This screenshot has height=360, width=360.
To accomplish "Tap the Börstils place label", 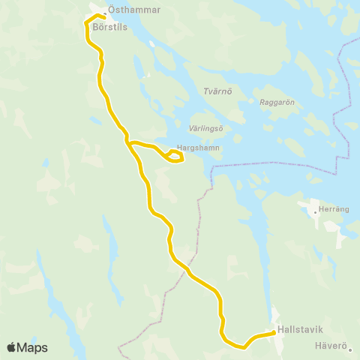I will pyautogui.click(x=111, y=25).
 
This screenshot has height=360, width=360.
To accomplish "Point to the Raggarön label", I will pyautogui.click(x=277, y=102).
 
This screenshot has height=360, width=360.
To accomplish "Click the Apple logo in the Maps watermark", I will pyautogui.click(x=12, y=347).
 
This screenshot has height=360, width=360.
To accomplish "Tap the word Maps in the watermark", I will pyautogui.click(x=32, y=347).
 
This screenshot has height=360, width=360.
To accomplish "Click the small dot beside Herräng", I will pyautogui.click(x=315, y=211).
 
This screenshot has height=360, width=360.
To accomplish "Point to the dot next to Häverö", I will pyautogui.click(x=349, y=347).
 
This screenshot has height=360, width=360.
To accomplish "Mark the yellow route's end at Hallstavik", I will pyautogui.click(x=272, y=333).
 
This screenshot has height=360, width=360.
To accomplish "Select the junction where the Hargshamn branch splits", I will pyautogui.click(x=129, y=141).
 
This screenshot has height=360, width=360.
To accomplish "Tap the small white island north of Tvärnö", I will pyautogui.click(x=151, y=43).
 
